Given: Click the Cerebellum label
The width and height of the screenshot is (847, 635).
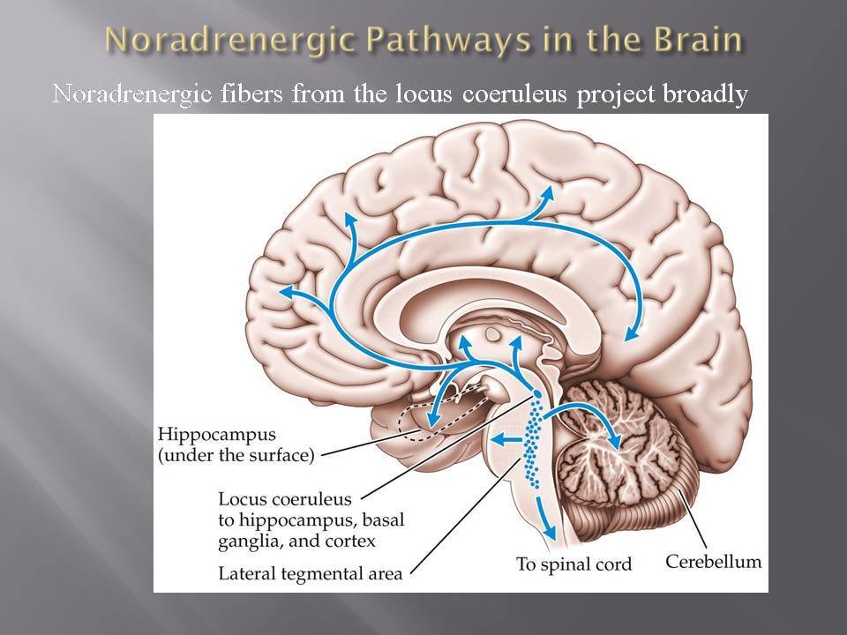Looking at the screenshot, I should coord(713,561).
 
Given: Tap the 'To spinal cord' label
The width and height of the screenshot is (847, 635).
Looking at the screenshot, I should coord(574,563).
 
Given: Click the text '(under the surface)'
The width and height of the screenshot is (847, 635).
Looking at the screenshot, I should coord(233,455).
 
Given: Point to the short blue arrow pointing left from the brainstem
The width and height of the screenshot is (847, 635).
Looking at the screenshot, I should coord(501,438).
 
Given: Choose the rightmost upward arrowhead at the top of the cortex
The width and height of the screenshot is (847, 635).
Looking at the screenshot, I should coord(551,192).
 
